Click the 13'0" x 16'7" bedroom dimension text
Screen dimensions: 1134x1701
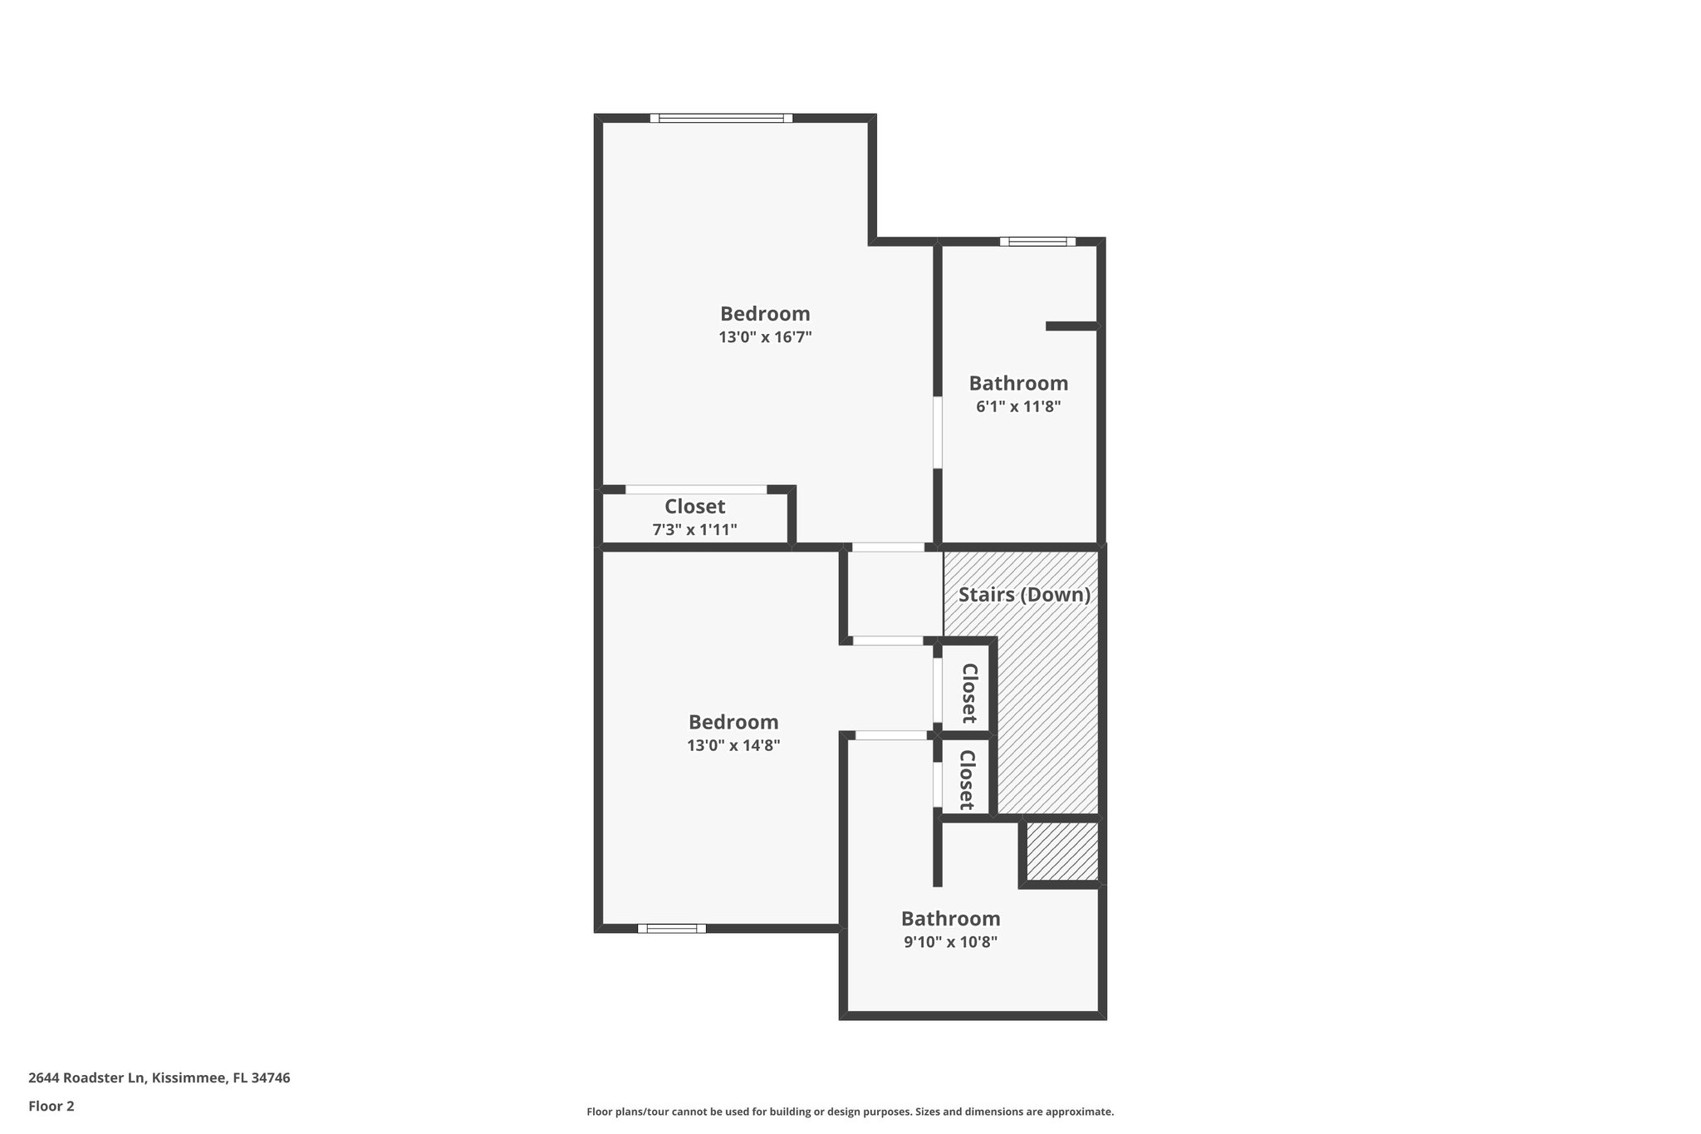[x=765, y=337]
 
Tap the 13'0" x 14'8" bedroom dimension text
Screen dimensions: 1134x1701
[x=733, y=745]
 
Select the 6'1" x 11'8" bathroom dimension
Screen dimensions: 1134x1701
[x=1018, y=407]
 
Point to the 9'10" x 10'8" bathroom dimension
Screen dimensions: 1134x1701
[x=950, y=942]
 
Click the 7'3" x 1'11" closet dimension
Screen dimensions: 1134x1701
[x=694, y=530]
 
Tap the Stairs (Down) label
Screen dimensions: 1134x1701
[x=1024, y=595]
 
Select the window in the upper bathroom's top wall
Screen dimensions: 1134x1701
[x=1037, y=242]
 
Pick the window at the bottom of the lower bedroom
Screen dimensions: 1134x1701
[x=672, y=928]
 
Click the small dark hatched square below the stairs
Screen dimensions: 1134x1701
[x=1062, y=852]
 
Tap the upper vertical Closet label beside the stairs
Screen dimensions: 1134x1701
[x=968, y=693]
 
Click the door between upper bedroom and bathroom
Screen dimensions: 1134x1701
[x=938, y=432]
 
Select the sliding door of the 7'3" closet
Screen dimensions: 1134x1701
[x=696, y=490]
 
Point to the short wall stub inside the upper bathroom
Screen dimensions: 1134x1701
[x=1071, y=326]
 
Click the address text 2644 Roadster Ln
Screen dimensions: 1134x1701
[x=159, y=1078]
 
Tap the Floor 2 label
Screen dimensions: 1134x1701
[x=51, y=1106]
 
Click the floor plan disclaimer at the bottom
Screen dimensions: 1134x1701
[x=850, y=1112]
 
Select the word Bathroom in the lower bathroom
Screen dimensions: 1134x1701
[x=950, y=919]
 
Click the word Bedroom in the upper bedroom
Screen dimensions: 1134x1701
[x=765, y=314]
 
